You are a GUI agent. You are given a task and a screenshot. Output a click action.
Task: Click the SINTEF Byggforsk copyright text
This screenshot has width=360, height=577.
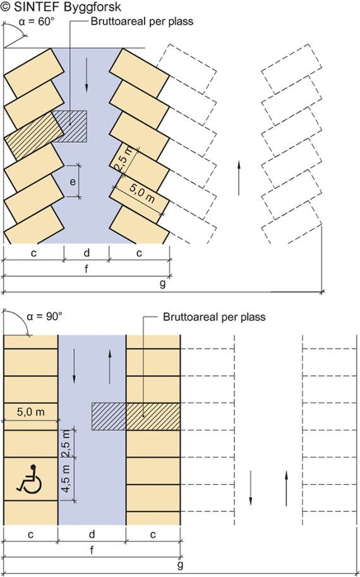61,7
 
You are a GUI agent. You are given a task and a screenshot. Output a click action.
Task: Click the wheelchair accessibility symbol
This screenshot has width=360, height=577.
29,478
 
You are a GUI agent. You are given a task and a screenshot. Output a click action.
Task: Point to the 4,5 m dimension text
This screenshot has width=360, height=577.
66,480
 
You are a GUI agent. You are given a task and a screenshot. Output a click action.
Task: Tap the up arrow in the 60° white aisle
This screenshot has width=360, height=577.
239,178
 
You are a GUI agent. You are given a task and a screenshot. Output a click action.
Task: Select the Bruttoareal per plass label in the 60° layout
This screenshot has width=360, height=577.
141,21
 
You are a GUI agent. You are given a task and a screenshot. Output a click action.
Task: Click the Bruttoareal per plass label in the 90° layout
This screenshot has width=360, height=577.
214,317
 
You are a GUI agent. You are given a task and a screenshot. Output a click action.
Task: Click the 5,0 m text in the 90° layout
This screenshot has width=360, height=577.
31,411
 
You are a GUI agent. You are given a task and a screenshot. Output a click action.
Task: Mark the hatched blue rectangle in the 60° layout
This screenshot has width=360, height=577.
69,126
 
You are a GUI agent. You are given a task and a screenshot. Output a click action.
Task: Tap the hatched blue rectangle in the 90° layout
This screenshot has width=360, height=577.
109,416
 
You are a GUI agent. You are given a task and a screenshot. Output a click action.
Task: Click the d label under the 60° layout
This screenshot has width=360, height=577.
87,253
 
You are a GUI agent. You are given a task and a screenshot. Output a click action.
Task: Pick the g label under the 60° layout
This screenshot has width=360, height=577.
162,284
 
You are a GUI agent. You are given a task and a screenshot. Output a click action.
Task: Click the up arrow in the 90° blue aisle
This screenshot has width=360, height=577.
110,367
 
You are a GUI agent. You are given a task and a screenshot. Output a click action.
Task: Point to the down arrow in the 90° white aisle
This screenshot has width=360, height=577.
250,488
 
